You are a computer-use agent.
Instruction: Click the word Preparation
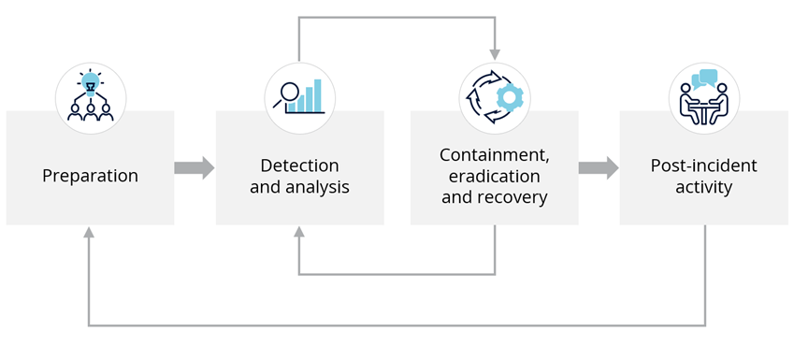[90, 176]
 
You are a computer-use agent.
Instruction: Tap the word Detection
[299, 166]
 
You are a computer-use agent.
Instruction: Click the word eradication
[494, 176]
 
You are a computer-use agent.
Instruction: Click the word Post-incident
[704, 166]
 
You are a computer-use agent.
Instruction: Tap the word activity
[704, 187]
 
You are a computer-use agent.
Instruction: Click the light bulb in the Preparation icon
[91, 85]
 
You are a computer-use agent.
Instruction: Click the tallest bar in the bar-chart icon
[317, 94]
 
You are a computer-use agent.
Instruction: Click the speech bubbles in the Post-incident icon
[704, 79]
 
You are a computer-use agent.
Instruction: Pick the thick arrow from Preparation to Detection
[195, 167]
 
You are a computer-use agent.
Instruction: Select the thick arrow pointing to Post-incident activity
[599, 167]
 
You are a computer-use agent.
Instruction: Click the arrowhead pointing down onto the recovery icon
[495, 54]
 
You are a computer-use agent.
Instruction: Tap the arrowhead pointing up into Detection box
[298, 231]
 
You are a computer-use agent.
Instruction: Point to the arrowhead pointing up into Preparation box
[89, 231]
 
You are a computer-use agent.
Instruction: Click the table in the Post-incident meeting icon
[704, 113]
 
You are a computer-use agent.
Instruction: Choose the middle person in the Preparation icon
[91, 112]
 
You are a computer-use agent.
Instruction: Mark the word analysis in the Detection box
[317, 187]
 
